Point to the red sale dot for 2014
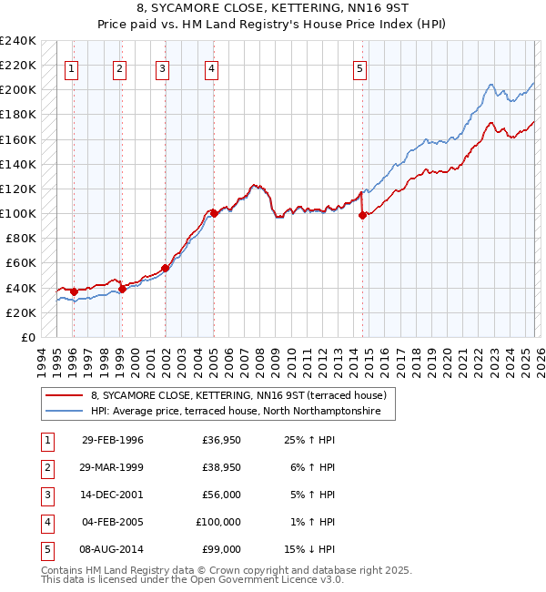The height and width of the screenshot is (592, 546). click(362, 215)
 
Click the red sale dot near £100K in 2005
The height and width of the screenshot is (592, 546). click(214, 213)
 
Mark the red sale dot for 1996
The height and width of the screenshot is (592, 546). click(74, 291)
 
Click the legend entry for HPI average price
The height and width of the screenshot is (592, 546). click(242, 412)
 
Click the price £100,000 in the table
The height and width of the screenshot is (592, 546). click(218, 522)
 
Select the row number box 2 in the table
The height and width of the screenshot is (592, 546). click(45, 467)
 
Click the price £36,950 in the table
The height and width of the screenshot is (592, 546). click(221, 440)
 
